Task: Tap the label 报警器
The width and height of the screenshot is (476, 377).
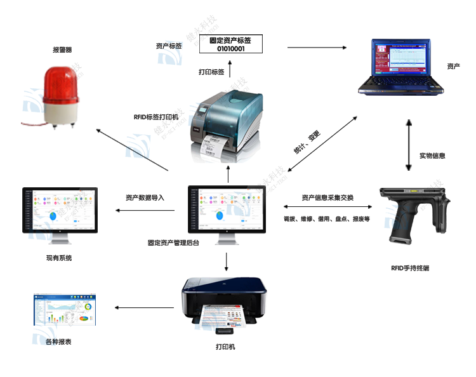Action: pyautogui.click(x=62, y=49)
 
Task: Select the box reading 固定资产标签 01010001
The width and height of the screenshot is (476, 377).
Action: pyautogui.click(x=230, y=44)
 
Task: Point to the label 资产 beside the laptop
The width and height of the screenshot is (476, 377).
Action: pyautogui.click(x=453, y=66)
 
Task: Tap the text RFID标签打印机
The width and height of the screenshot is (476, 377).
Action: pyautogui.click(x=156, y=117)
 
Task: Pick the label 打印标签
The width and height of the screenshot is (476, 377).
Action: pyautogui.click(x=211, y=72)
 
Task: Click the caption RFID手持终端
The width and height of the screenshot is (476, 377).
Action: pyautogui.click(x=410, y=268)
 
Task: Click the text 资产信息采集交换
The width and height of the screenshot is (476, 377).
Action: pyautogui.click(x=327, y=197)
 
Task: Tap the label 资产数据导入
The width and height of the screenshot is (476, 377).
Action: pyautogui.click(x=145, y=197)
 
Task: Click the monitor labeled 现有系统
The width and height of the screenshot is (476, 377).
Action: pyautogui.click(x=60, y=211)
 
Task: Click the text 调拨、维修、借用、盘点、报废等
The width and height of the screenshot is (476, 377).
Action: pyautogui.click(x=327, y=218)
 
